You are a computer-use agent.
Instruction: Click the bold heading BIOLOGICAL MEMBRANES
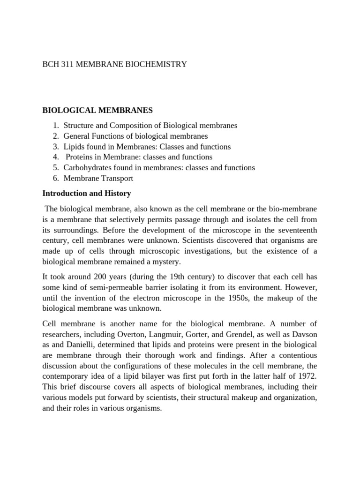[97, 111]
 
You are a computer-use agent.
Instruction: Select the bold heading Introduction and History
[87, 193]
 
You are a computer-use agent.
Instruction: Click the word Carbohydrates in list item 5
[86, 168]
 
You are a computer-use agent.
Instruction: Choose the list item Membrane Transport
[98, 178]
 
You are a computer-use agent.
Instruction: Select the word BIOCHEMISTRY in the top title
[160, 64]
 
